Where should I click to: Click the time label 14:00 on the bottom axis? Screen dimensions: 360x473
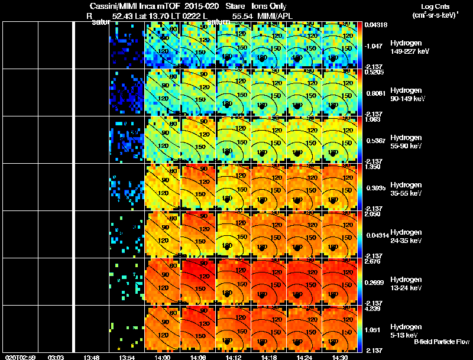click(x=162, y=357)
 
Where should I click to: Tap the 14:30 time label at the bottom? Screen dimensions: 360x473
click(x=339, y=357)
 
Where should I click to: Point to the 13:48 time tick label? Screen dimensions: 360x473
click(x=91, y=357)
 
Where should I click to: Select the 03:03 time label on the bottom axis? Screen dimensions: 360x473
click(x=56, y=357)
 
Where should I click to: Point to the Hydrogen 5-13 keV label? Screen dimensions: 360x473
click(x=404, y=331)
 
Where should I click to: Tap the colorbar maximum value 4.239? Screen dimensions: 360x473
click(x=373, y=308)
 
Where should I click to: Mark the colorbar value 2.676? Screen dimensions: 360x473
click(x=373, y=261)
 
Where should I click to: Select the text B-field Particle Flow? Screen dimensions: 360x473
click(x=442, y=341)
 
